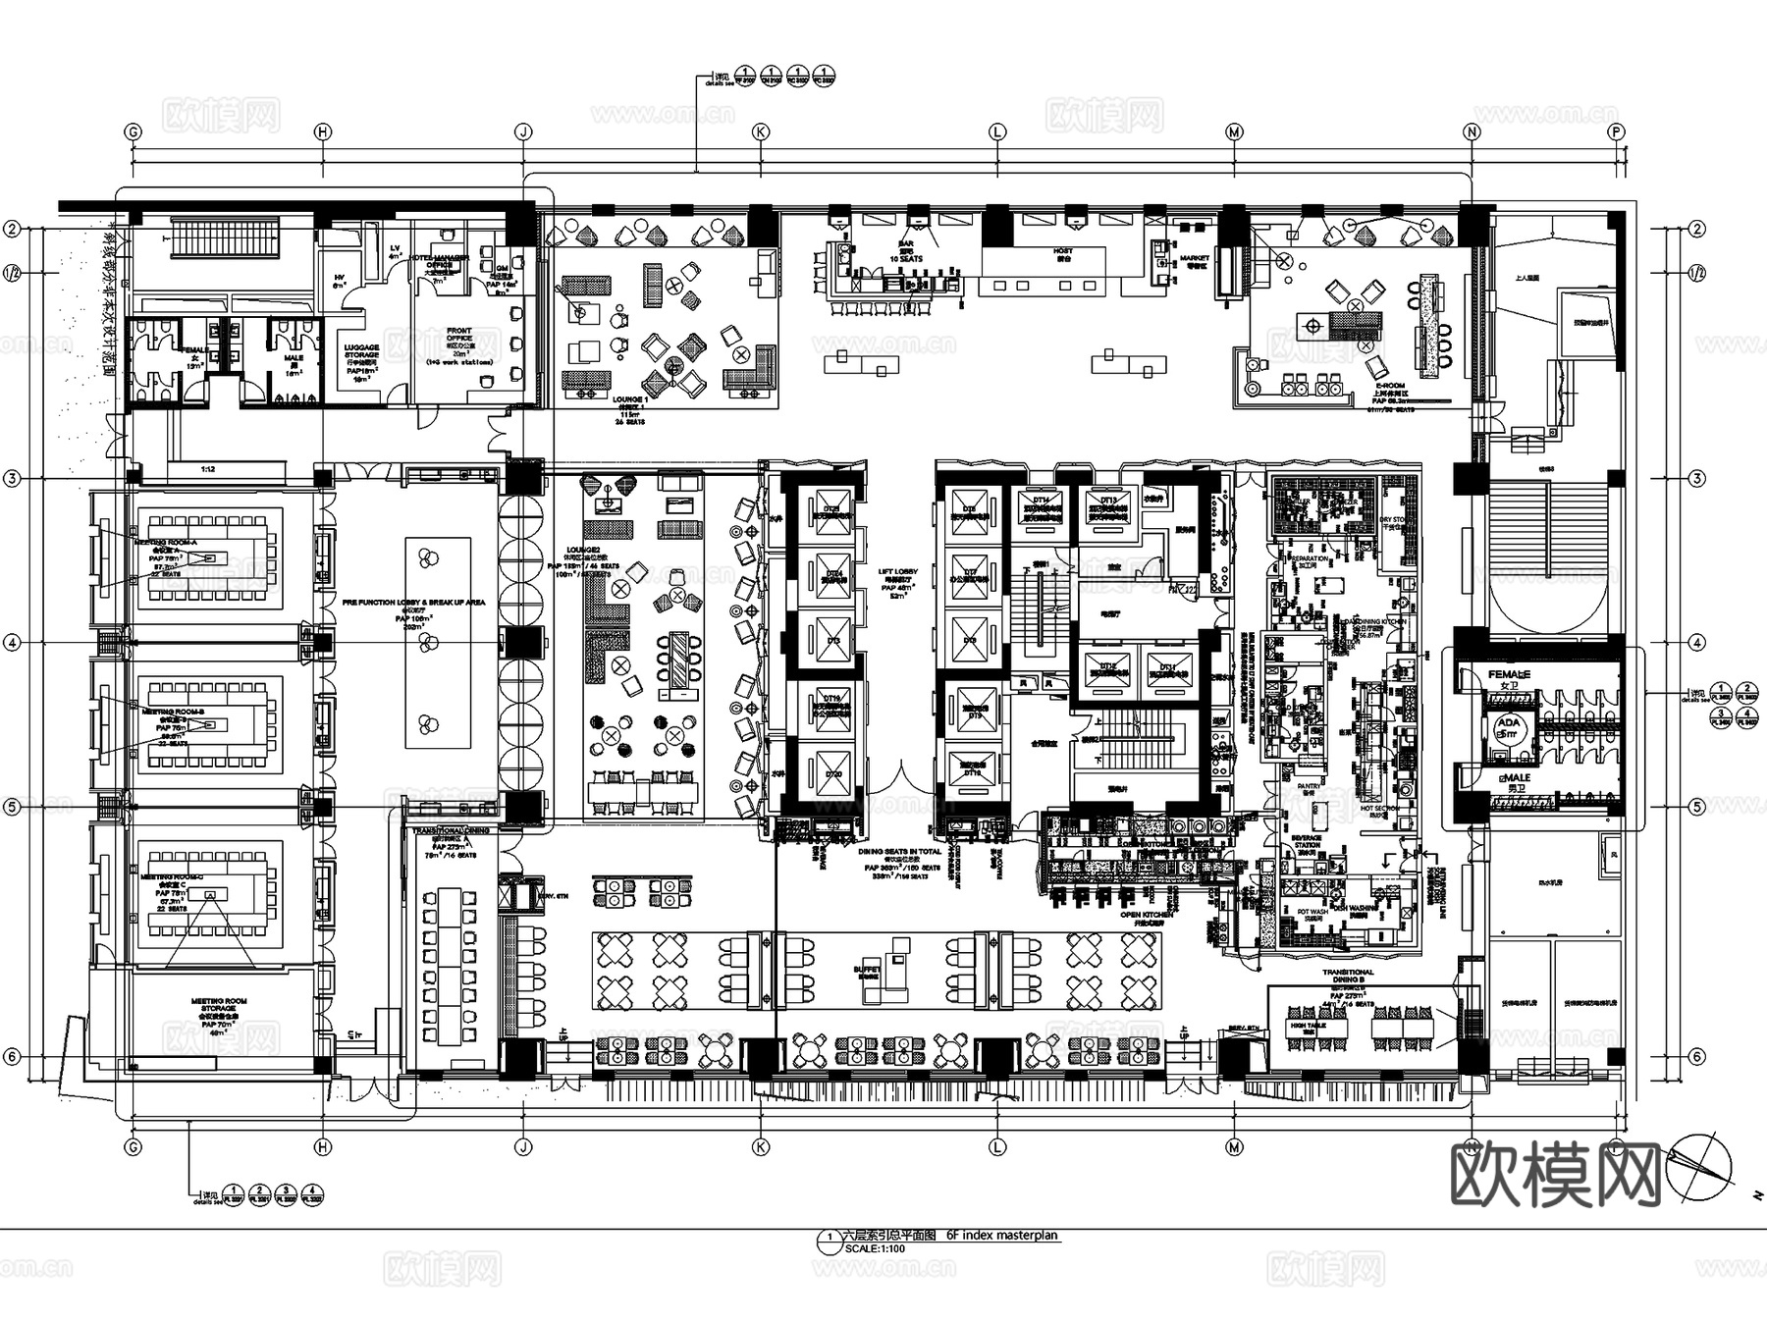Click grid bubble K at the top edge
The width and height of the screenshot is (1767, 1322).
click(760, 132)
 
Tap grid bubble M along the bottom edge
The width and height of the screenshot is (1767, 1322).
click(1234, 1146)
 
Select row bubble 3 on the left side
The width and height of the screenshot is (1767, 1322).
click(12, 479)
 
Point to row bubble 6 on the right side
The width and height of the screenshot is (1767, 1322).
click(1697, 1057)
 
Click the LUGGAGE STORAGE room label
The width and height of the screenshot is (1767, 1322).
click(361, 353)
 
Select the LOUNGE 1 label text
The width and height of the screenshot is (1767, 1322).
click(628, 400)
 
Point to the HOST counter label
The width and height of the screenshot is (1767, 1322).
click(1063, 251)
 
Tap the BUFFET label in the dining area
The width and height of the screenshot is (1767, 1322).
click(867, 969)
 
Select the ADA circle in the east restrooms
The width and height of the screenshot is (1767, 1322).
click(1507, 726)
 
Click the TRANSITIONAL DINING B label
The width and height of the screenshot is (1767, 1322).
click(1348, 976)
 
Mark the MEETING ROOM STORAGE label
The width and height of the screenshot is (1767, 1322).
click(219, 1006)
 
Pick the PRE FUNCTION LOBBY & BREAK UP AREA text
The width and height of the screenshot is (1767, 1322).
click(413, 602)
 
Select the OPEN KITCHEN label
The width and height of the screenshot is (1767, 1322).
click(1146, 915)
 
